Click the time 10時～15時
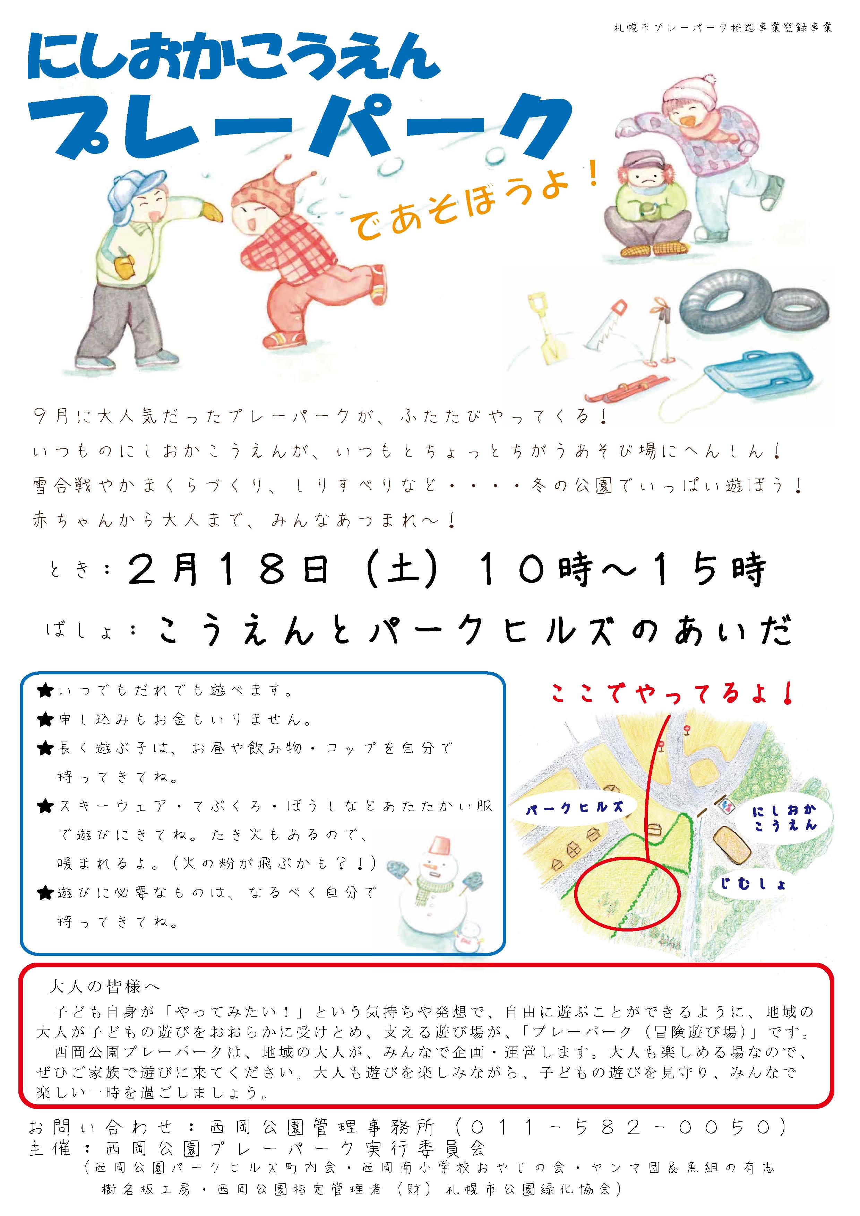coord(622,570)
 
